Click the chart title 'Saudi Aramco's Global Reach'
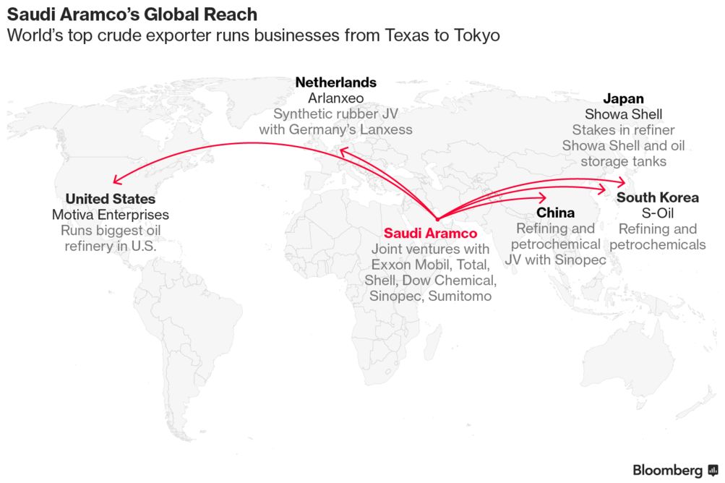pyautogui.click(x=132, y=14)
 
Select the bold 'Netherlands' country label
pyautogui.click(x=335, y=82)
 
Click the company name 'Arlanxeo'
pyautogui.click(x=335, y=98)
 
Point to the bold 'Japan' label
pyautogui.click(x=623, y=98)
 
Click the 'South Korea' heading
pyautogui.click(x=658, y=197)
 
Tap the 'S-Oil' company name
pyautogui.click(x=658, y=213)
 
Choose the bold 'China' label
pyautogui.click(x=555, y=213)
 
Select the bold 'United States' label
pyautogui.click(x=111, y=199)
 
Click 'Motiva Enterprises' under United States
pyautogui.click(x=111, y=215)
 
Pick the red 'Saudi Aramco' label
pyautogui.click(x=431, y=233)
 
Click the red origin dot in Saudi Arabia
pyautogui.click(x=437, y=219)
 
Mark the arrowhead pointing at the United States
pyautogui.click(x=117, y=180)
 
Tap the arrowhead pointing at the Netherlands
pyautogui.click(x=343, y=152)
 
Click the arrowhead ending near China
pyautogui.click(x=541, y=198)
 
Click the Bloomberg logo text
pyautogui.click(x=667, y=471)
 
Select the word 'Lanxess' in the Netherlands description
pyautogui.click(x=386, y=129)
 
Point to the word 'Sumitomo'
pyautogui.click(x=460, y=296)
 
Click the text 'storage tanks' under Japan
pyautogui.click(x=623, y=161)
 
